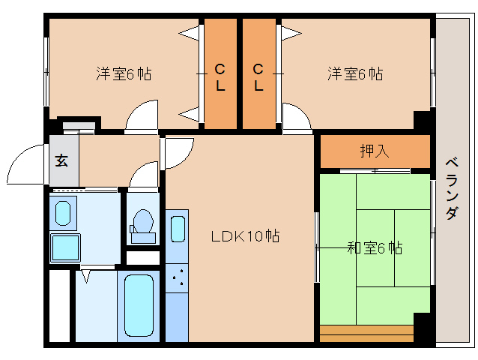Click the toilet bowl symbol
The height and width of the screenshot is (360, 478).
(142, 223)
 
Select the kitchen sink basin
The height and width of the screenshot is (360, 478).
(178, 229)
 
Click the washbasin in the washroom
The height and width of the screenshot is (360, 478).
(64, 211)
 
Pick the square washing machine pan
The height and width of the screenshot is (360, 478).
(65, 247)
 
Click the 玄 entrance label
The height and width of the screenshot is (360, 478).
(61, 159)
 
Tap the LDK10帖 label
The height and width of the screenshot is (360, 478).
(244, 236)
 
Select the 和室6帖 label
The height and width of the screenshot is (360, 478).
(374, 247)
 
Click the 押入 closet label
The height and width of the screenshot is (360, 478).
(375, 151)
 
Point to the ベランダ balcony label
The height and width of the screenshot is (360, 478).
(452, 187)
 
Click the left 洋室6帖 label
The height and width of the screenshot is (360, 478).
(124, 73)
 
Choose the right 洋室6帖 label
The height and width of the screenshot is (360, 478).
(355, 73)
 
